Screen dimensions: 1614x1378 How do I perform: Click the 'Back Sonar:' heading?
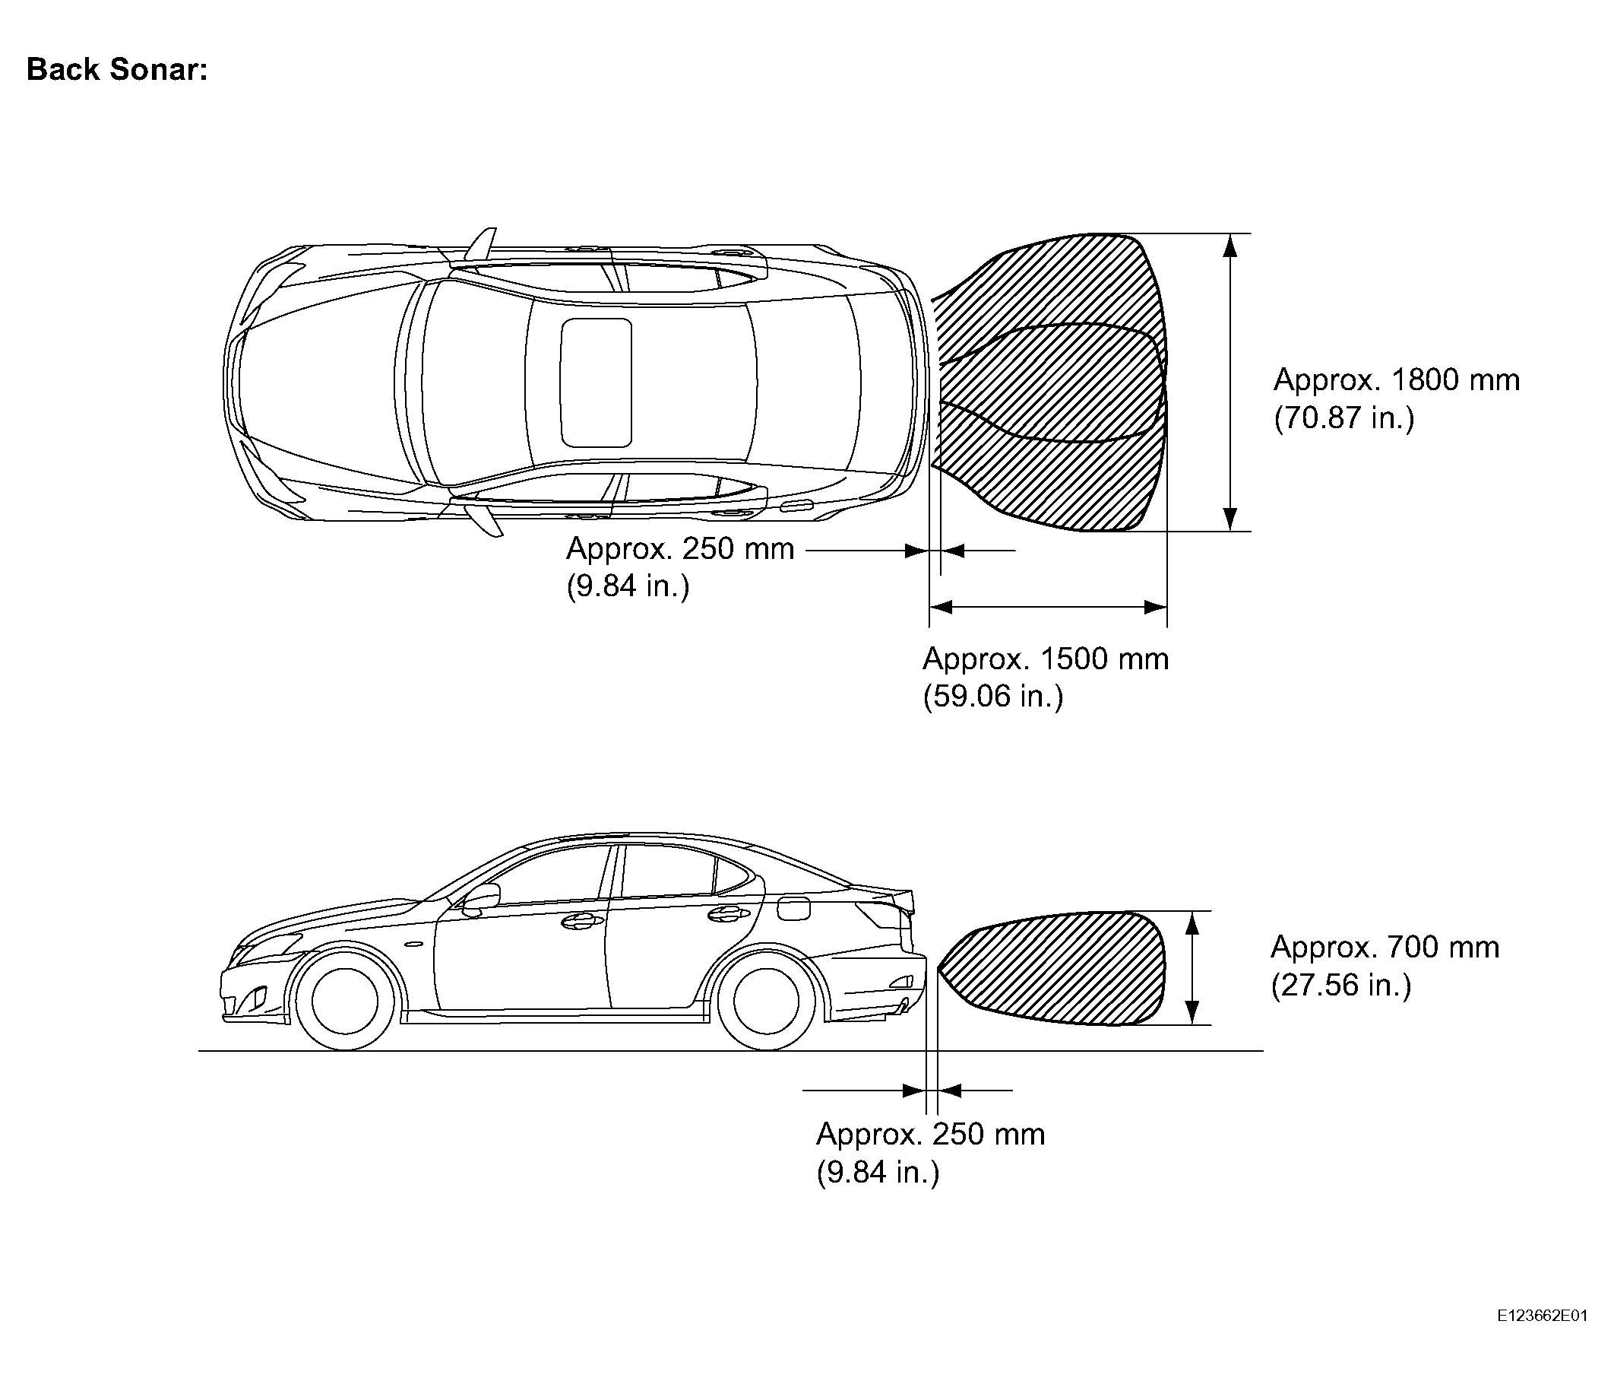(x=117, y=70)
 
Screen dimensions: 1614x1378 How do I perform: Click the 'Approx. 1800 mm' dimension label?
(x=1397, y=379)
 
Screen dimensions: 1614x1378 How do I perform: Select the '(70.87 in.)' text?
(x=1343, y=418)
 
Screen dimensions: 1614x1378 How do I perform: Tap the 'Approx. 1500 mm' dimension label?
(x=1046, y=659)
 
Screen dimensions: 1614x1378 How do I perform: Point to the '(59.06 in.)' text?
(x=992, y=695)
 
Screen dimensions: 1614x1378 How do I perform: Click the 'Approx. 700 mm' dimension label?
(x=1385, y=947)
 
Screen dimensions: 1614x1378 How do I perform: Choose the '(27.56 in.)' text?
(x=1341, y=985)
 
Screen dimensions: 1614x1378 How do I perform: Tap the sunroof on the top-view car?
(x=596, y=383)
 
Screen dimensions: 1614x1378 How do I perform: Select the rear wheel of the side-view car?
(x=767, y=1001)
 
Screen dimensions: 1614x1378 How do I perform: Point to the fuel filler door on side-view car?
(x=793, y=908)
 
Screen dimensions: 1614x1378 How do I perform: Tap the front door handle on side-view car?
(x=578, y=922)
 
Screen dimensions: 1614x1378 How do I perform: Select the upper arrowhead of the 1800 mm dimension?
(x=1230, y=246)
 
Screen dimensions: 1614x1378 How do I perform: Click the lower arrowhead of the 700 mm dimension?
(x=1191, y=1012)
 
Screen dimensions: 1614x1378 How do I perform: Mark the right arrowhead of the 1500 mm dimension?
(x=1155, y=607)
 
